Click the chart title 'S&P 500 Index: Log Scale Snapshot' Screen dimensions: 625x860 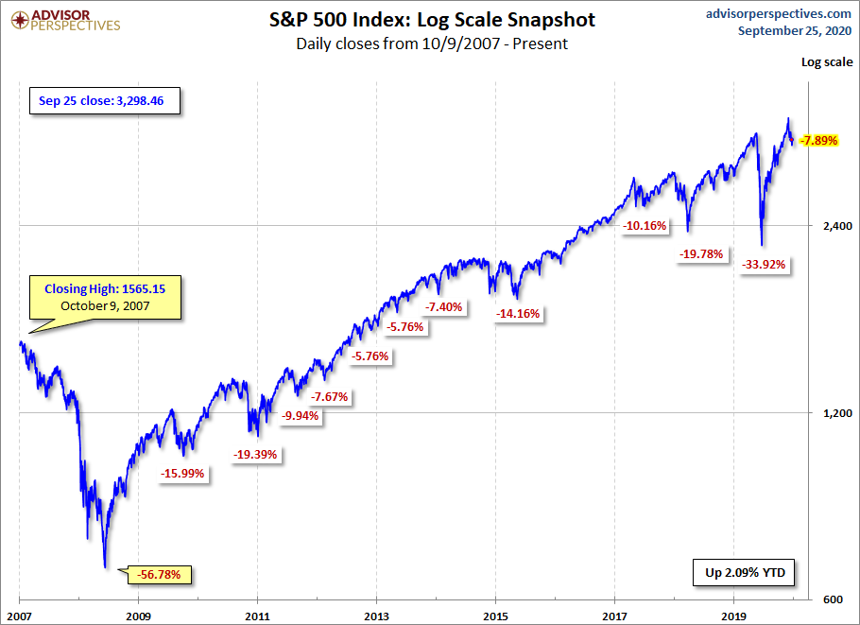point(431,19)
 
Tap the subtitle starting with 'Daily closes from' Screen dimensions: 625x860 point(431,43)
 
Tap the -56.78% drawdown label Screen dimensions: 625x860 point(164,574)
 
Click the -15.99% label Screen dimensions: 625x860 point(182,473)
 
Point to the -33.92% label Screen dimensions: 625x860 point(764,264)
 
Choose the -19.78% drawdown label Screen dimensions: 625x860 point(701,253)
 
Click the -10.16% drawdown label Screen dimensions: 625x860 point(645,226)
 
